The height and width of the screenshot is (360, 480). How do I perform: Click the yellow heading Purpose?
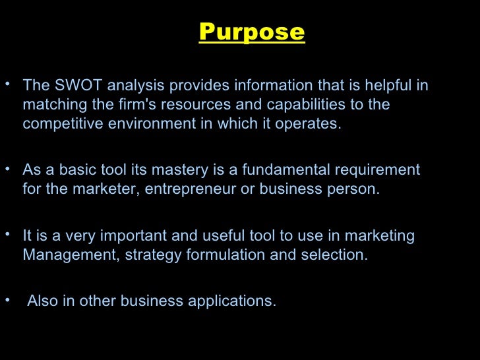[251, 32]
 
